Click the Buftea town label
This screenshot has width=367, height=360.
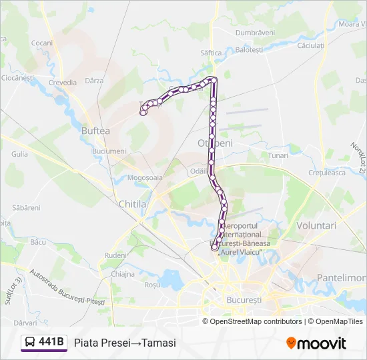click(95, 131)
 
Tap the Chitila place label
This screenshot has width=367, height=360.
click(131, 204)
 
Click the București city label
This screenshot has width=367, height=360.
click(244, 300)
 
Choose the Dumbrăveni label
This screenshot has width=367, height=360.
click(255, 32)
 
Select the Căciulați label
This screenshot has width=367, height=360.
click(310, 45)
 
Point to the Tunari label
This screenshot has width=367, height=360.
click(278, 155)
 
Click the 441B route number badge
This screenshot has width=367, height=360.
click(51, 343)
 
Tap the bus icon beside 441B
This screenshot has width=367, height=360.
click(30, 343)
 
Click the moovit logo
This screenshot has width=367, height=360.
click(316, 343)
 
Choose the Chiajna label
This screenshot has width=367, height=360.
click(123, 274)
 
